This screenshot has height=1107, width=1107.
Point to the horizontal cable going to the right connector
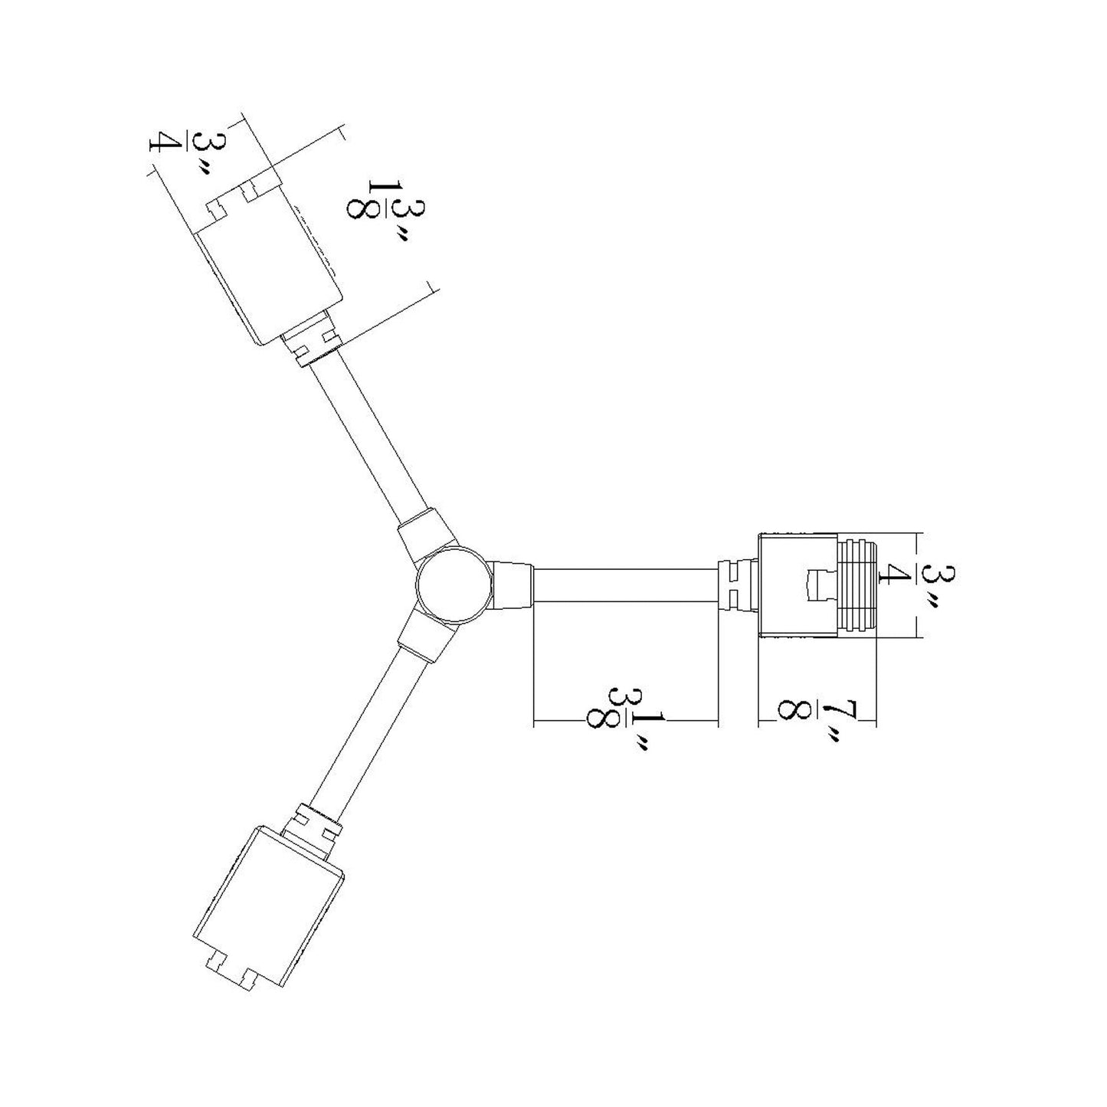coord(624,587)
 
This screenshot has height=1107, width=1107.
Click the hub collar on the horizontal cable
coord(512,585)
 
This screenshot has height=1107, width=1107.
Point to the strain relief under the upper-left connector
coord(315,344)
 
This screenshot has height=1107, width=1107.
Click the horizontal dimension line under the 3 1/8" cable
coord(624,722)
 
